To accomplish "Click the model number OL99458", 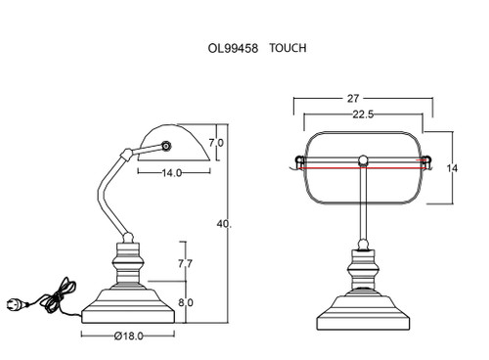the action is [233, 48].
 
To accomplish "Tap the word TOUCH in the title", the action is [288, 48].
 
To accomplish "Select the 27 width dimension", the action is [353, 98].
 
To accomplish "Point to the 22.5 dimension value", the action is [363, 114].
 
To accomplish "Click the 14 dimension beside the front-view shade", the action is [452, 168].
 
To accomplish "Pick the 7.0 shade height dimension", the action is [216, 143].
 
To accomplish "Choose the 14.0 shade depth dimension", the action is [172, 173].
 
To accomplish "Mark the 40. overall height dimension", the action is [224, 224].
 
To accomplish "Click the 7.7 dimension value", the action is [185, 263].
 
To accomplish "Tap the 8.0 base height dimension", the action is [186, 302].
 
